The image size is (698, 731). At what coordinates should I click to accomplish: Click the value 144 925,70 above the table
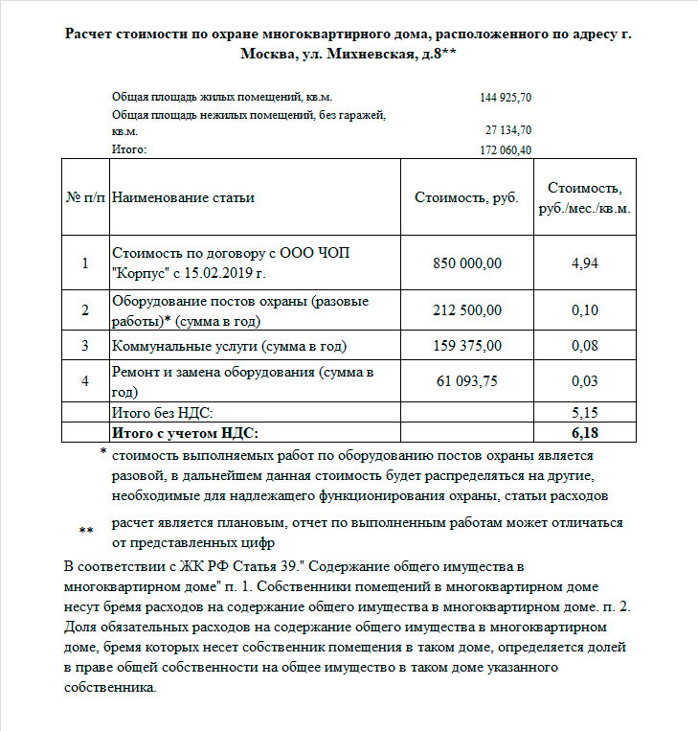pyautogui.click(x=506, y=98)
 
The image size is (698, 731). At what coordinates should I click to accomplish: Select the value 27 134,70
pyautogui.click(x=508, y=130)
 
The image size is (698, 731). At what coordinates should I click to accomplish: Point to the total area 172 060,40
pyautogui.click(x=506, y=149)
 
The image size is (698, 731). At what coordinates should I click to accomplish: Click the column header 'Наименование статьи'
pyautogui.click(x=184, y=198)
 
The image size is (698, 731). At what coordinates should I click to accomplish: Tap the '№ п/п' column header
pyautogui.click(x=85, y=198)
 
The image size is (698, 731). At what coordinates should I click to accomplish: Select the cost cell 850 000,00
pyautogui.click(x=467, y=263)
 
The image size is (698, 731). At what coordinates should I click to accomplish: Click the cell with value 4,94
pyautogui.click(x=584, y=263)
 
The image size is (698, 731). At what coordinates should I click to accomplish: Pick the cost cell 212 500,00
pyautogui.click(x=467, y=309)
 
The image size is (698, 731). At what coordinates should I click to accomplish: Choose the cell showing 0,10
pyautogui.click(x=584, y=309)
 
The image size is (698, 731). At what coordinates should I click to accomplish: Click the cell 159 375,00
pyautogui.click(x=467, y=345)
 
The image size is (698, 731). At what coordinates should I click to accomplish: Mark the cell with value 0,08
pyautogui.click(x=584, y=345)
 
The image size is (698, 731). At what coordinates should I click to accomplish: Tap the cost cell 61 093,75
pyautogui.click(x=467, y=381)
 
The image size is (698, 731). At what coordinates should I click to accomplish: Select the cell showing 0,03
pyautogui.click(x=584, y=381)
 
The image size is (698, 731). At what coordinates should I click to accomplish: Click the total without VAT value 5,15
pyautogui.click(x=584, y=413)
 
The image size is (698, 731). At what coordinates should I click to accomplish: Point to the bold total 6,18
pyautogui.click(x=584, y=433)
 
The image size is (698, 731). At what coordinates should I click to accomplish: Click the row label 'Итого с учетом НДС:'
pyautogui.click(x=186, y=433)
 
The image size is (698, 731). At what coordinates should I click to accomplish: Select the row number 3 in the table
pyautogui.click(x=85, y=345)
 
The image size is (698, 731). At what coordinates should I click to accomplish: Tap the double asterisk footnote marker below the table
pyautogui.click(x=86, y=530)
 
